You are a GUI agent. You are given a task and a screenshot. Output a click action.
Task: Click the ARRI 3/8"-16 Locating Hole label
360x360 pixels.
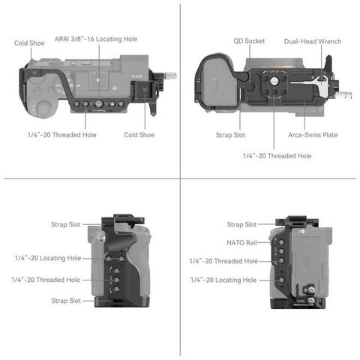pos(96,39)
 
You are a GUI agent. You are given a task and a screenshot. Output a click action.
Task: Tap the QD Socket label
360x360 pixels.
pos(249,41)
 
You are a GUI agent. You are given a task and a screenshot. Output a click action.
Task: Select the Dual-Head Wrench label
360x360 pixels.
pos(313,41)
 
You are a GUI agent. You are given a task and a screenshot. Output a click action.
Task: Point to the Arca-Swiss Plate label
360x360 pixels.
pos(313,135)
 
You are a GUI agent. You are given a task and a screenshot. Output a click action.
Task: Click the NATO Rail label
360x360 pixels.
pos(241,242)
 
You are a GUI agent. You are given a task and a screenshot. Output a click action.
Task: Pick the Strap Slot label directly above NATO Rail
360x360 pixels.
pos(241,224)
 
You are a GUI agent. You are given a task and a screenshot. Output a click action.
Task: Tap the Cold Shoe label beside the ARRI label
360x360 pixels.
pos(29,43)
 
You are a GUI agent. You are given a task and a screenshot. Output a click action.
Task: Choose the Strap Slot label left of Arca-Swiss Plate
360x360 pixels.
pos(230,135)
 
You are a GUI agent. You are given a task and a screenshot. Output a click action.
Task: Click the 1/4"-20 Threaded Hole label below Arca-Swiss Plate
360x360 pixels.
pos(277,156)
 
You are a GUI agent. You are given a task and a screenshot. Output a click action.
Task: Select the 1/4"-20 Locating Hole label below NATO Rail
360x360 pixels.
pos(223,280)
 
